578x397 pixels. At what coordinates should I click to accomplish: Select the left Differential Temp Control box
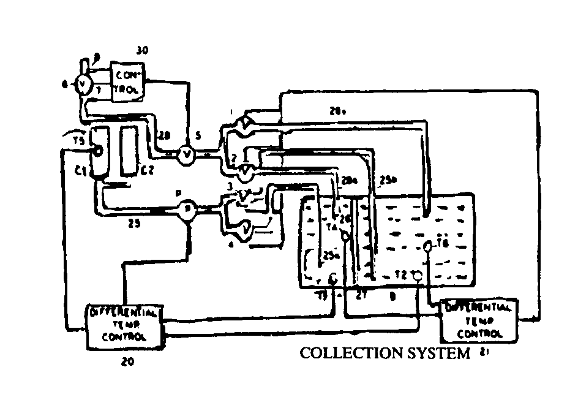[x=125, y=325]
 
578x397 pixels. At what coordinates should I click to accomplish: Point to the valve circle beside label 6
[x=81, y=85]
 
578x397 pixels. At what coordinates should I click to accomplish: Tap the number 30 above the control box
[x=143, y=50]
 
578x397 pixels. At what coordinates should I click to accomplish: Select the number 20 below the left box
[x=128, y=362]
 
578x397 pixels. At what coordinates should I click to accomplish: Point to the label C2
[x=146, y=172]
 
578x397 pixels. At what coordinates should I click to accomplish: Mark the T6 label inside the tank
[x=443, y=243]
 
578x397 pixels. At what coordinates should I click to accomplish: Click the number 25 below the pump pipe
[x=135, y=224]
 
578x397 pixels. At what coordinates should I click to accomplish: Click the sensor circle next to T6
[x=427, y=246]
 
